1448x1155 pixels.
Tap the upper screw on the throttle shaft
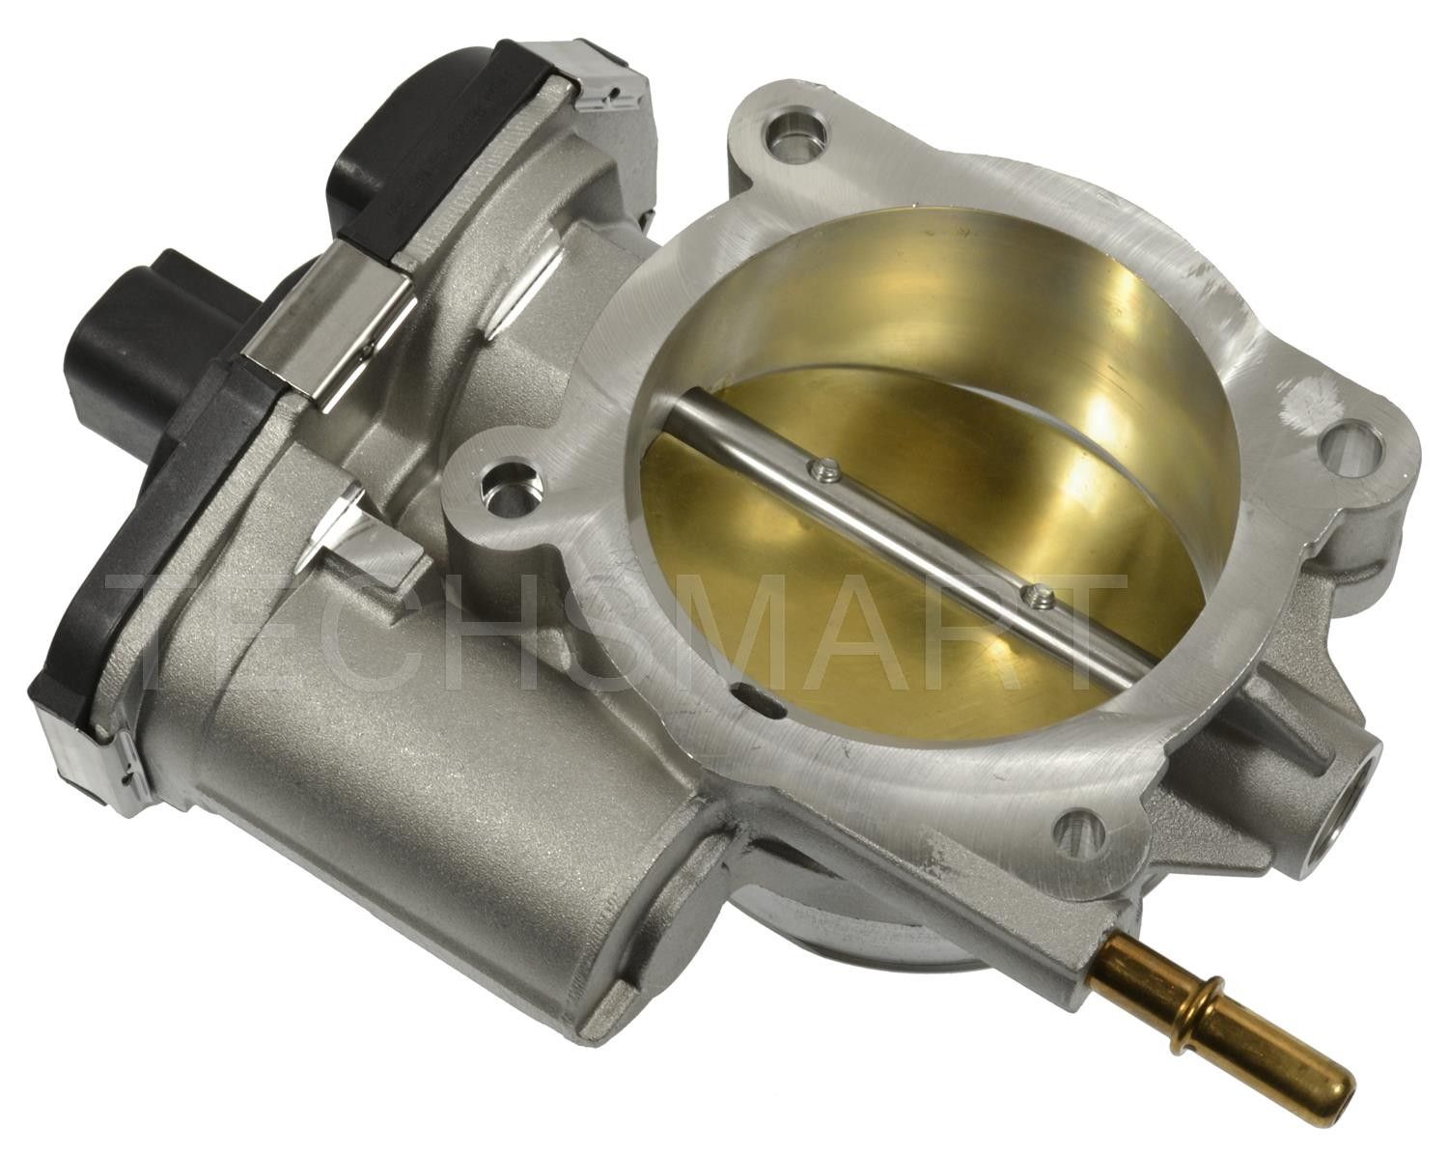tap(822, 470)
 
